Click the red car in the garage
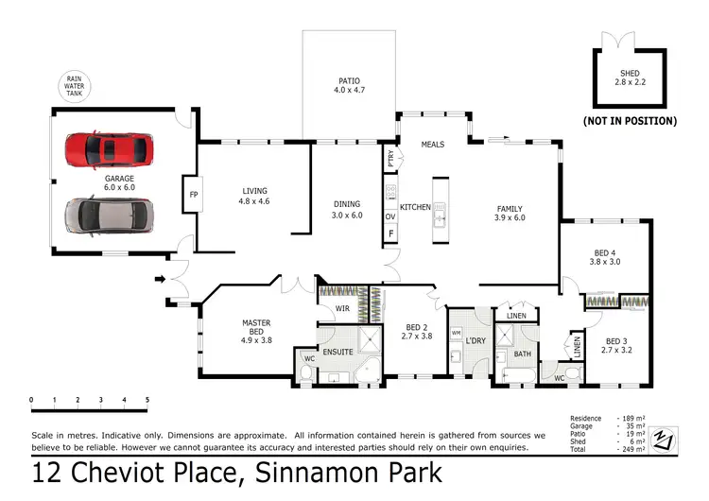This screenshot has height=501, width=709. [108, 149]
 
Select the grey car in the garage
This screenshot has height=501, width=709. [107, 215]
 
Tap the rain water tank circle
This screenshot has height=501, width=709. [74, 85]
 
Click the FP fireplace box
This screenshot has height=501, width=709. [194, 196]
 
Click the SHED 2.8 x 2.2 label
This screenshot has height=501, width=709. [630, 78]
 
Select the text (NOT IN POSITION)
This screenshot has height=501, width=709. [630, 121]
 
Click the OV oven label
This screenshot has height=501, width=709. [389, 216]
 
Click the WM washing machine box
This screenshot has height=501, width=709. [456, 334]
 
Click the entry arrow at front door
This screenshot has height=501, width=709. [160, 278]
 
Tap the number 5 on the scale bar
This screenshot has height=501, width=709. [147, 400]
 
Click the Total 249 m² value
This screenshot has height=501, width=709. [631, 449]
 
